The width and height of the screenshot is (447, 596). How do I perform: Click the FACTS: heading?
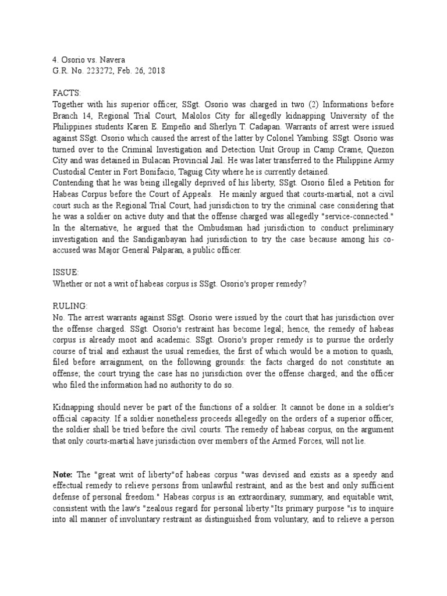point(68,93)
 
